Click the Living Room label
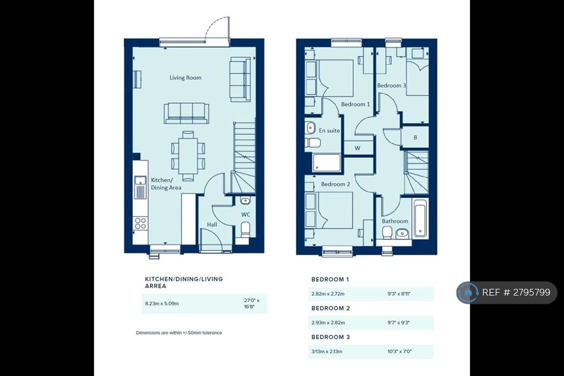click(x=185, y=77)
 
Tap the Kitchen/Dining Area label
click(x=166, y=184)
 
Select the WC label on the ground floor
click(x=246, y=214)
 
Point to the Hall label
click(x=212, y=224)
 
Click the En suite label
click(x=329, y=130)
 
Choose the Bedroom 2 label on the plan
click(x=335, y=184)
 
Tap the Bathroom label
click(x=395, y=221)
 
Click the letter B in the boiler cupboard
click(x=415, y=137)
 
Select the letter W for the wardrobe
click(x=357, y=148)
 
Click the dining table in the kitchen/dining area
click(x=188, y=155)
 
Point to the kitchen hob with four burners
click(x=140, y=223)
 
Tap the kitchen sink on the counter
click(x=140, y=187)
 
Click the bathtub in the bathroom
click(x=420, y=218)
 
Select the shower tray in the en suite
click(x=327, y=163)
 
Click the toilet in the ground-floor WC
click(x=245, y=229)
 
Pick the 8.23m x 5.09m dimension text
click(x=162, y=304)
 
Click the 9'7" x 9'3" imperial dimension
click(x=399, y=323)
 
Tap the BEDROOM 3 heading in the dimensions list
click(x=330, y=337)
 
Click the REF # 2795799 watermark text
click(x=516, y=292)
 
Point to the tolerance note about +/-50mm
click(x=179, y=333)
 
